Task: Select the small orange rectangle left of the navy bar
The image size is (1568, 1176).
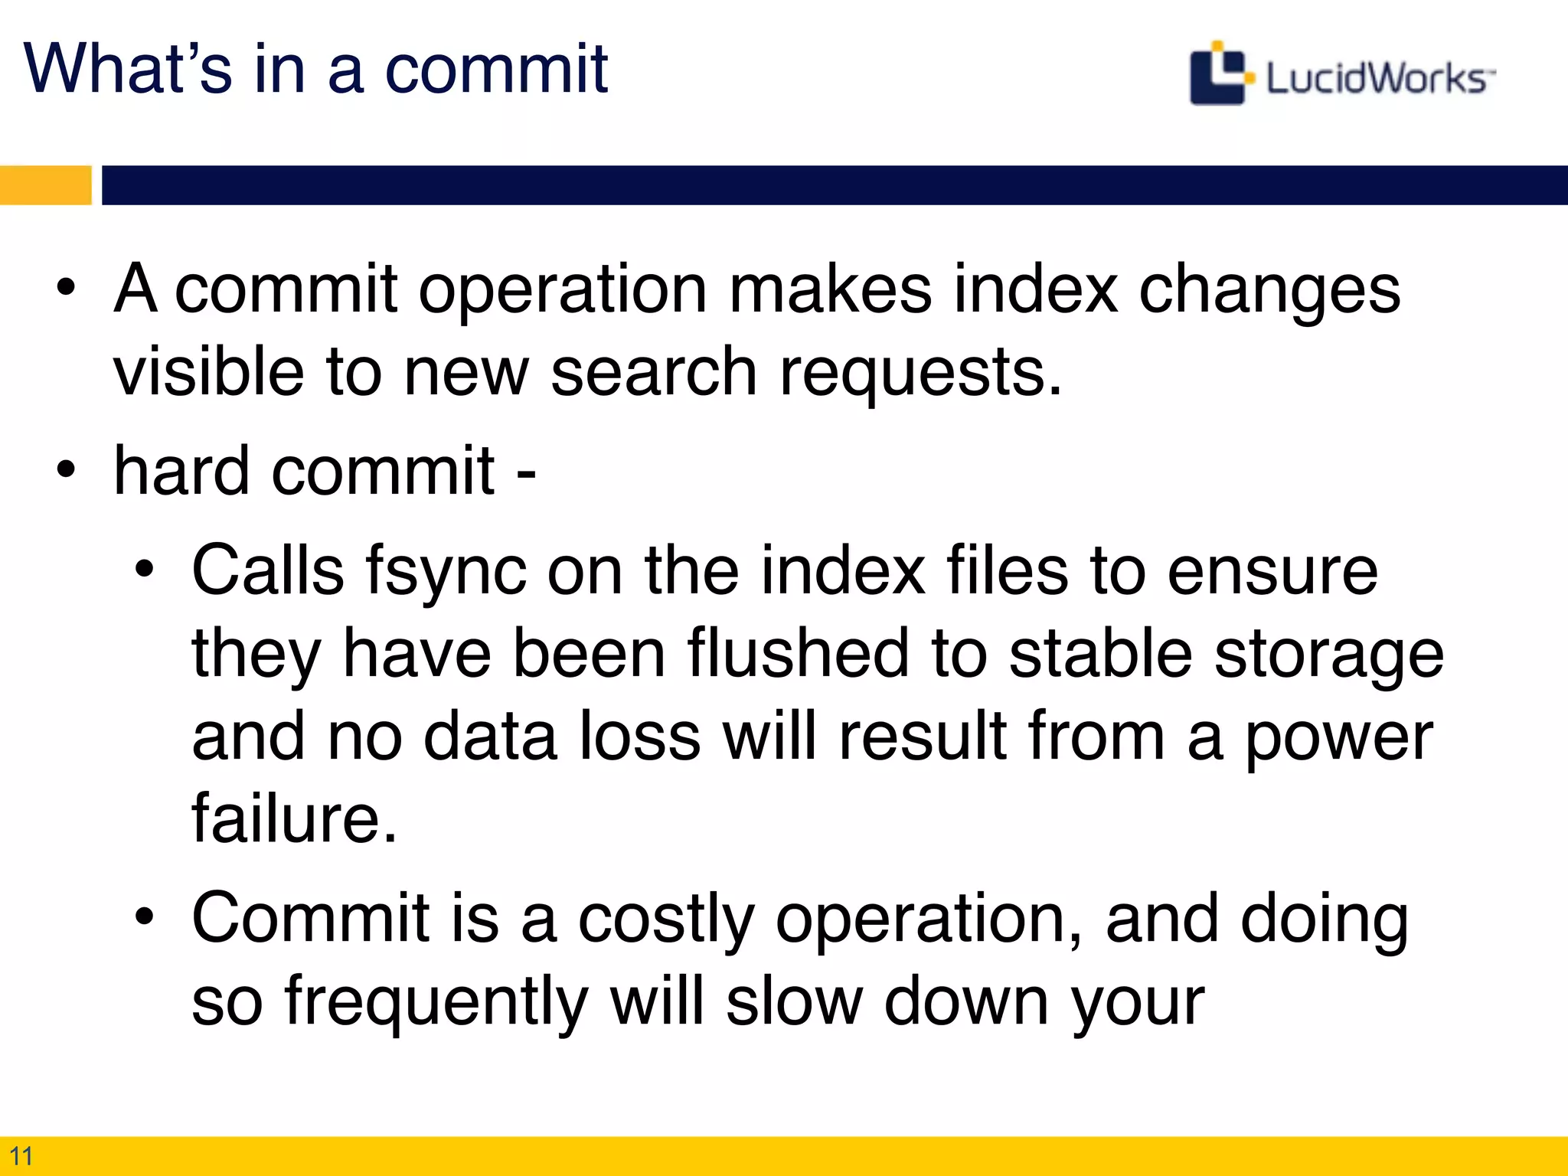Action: click(45, 185)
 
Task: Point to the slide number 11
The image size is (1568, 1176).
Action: click(21, 1155)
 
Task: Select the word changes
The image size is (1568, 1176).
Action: click(1269, 291)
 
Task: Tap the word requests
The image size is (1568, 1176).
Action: click(920, 373)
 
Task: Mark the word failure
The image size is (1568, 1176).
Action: click(295, 818)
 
